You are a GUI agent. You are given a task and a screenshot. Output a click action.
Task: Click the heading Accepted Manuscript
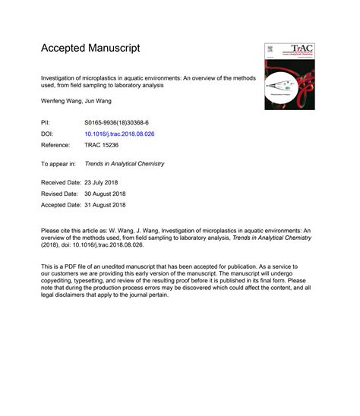coord(90,49)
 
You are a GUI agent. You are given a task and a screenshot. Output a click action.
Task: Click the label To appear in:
coord(58,163)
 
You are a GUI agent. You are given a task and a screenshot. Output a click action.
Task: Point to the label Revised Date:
coord(58,194)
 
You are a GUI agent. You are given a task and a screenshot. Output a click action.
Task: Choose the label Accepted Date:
coord(62,205)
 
